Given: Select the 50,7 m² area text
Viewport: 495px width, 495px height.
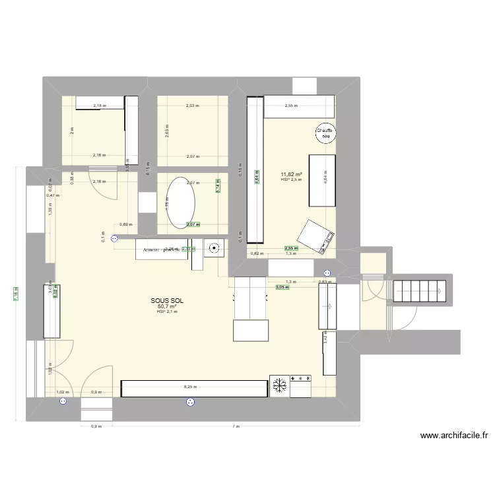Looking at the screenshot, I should click(x=166, y=306).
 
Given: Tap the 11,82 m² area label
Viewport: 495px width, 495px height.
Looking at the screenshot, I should click(x=290, y=174).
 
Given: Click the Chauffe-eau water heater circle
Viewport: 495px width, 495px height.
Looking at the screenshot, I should click(x=325, y=133).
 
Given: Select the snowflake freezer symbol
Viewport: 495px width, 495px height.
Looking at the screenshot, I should click(x=279, y=386).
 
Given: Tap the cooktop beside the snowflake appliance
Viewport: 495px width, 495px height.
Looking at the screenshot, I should click(x=301, y=386).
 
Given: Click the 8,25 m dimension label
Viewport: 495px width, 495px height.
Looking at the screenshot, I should click(x=189, y=387).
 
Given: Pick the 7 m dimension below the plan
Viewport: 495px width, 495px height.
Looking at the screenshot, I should click(x=235, y=426).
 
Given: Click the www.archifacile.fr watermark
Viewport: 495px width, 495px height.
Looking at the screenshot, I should click(x=456, y=436).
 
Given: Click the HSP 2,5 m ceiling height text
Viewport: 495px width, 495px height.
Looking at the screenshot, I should click(x=290, y=180).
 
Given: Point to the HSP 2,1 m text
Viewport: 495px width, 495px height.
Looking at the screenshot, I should click(x=166, y=312).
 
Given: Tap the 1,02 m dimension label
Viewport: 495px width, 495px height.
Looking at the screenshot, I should click(x=61, y=392).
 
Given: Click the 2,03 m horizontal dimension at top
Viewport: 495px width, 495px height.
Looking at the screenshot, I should click(x=191, y=106).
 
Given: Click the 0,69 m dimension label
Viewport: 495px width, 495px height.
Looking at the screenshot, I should click(x=125, y=224).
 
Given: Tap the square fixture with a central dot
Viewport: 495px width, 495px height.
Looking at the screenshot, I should click(x=214, y=249).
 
